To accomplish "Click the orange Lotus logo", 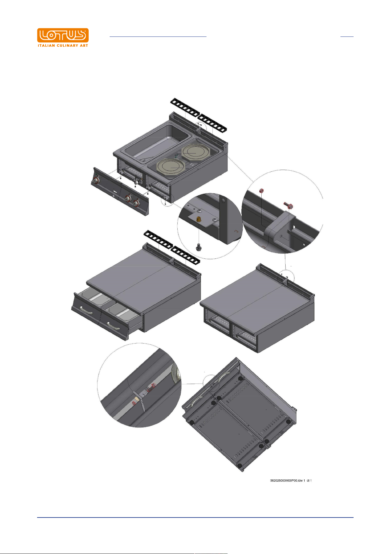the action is point(63,35).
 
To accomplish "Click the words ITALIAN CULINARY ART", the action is point(63,45).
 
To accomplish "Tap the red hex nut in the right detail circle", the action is point(261,191).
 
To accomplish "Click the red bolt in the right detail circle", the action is point(289,205).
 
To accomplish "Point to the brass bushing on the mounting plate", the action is point(198,219).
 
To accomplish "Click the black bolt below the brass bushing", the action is point(198,247).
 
